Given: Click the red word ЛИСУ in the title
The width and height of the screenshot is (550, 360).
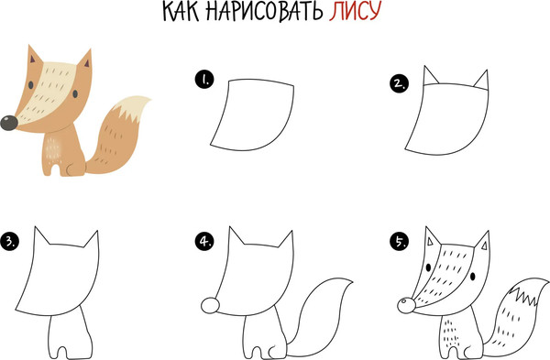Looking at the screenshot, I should click(x=349, y=14).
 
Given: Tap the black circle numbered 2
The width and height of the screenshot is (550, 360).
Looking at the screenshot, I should click(x=397, y=84).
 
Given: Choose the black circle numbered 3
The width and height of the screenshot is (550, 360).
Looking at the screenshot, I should click(x=11, y=242).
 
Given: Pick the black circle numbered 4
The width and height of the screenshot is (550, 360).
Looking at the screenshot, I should click(x=203, y=242).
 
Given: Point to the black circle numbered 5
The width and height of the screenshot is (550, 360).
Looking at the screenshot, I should click(x=397, y=242).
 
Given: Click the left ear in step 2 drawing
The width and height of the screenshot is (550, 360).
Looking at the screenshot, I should click(x=429, y=78).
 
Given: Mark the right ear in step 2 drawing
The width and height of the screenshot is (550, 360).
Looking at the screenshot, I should click(x=481, y=82).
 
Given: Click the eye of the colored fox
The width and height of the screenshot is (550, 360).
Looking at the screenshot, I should click(x=35, y=93).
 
